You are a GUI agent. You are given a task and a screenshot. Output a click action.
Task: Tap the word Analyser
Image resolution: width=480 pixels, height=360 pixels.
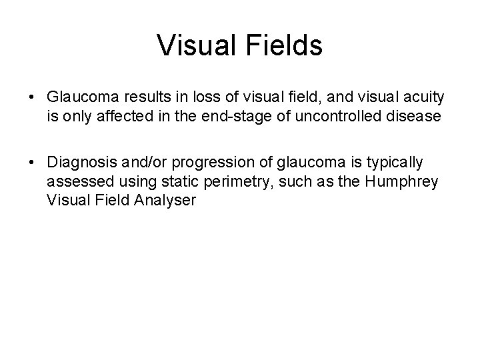(x=169, y=201)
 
